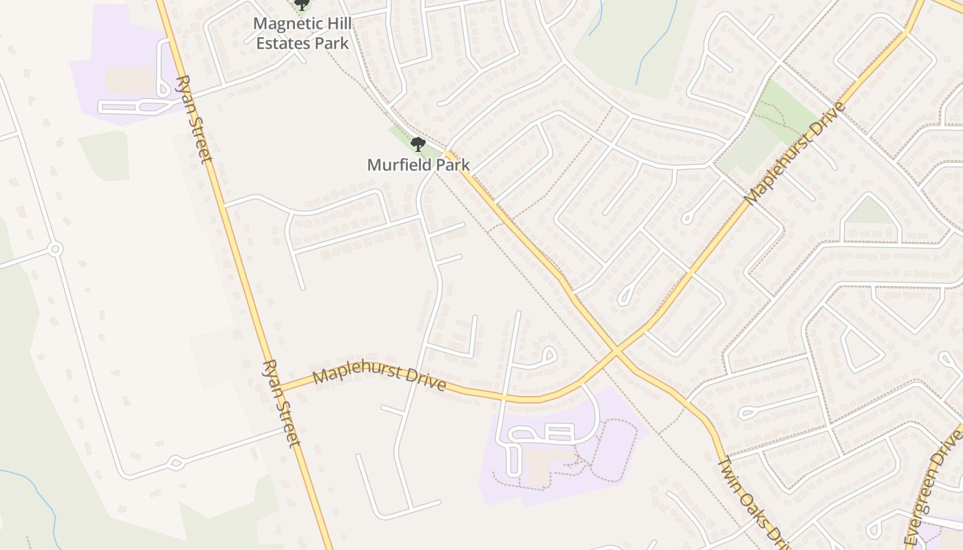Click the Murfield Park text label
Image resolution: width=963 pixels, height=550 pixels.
418,165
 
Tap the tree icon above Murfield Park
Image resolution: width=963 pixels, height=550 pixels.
418,144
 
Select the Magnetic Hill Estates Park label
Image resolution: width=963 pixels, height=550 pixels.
303,33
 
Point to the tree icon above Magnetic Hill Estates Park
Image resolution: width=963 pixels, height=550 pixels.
301,5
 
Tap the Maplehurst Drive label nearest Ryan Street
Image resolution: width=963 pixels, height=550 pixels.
379,379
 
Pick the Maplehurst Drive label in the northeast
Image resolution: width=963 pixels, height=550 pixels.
795,154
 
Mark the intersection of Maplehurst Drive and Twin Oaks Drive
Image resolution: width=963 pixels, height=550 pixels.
616,352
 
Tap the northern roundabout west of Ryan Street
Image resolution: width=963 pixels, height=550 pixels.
55,248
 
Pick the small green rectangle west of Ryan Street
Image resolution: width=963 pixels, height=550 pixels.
105,155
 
